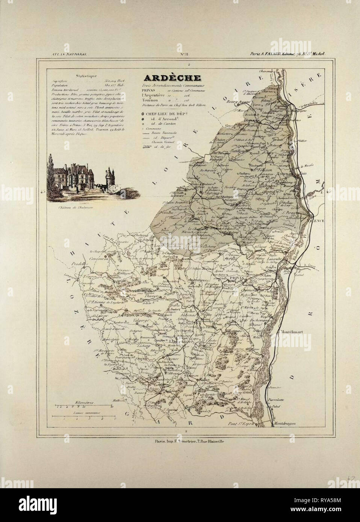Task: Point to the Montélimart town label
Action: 291,332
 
